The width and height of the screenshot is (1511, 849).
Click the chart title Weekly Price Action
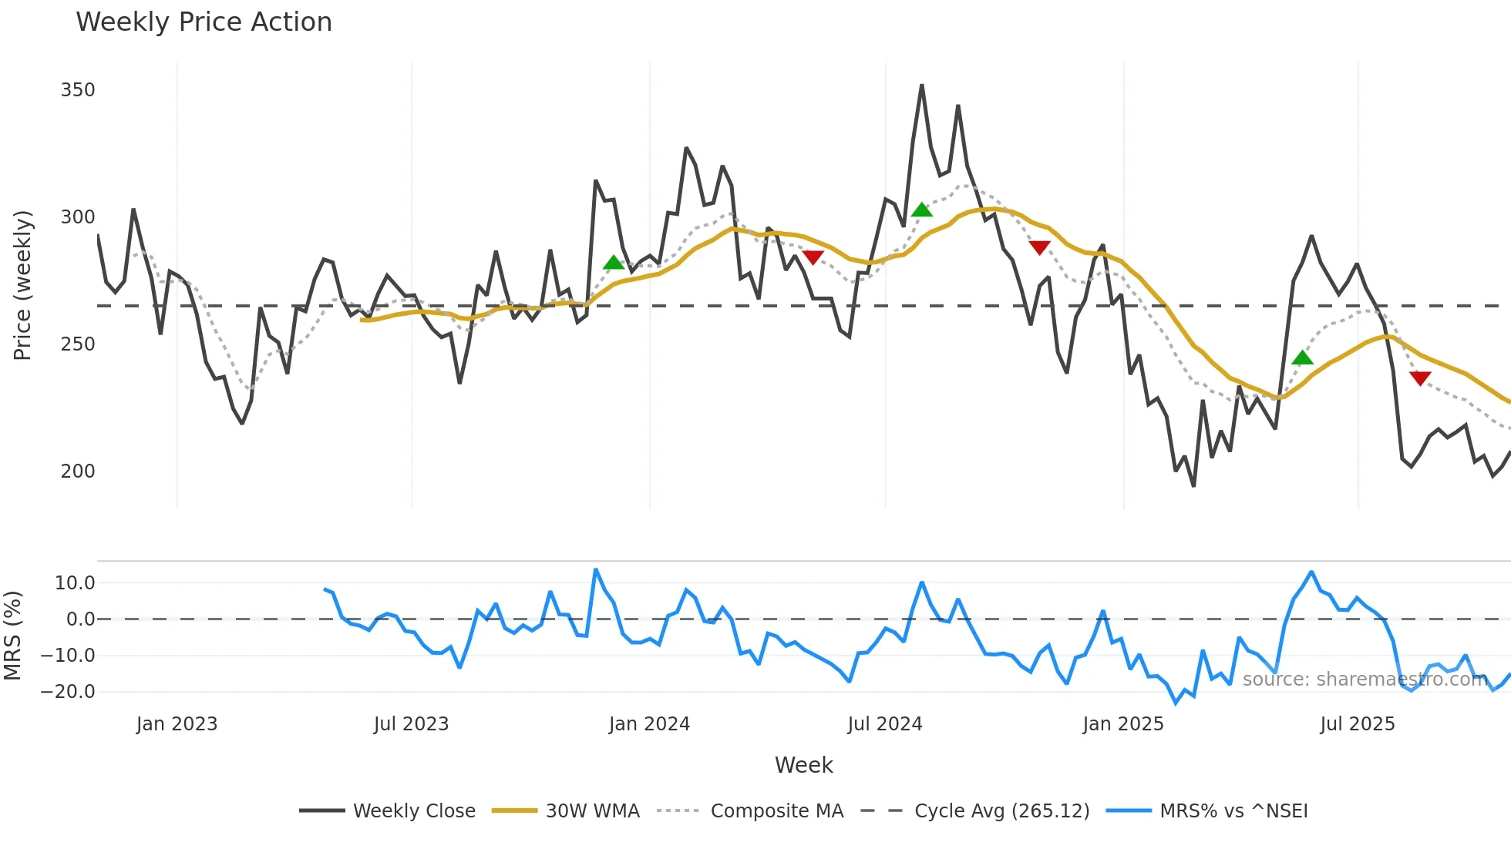coord(204,22)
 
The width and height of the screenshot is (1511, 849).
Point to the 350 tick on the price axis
coord(78,90)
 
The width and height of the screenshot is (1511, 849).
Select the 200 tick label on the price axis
coord(78,471)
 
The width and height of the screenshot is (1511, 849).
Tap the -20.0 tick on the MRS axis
coord(68,692)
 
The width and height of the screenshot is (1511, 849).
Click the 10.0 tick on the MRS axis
coord(75,583)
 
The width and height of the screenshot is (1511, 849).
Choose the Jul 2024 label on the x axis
coord(884,724)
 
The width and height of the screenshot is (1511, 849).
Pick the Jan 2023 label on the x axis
coord(177,724)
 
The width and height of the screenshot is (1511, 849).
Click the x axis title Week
coord(803,765)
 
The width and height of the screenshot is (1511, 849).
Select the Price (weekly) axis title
coord(22,285)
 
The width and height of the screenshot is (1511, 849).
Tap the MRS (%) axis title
coord(13,636)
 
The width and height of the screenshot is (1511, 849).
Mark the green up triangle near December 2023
coord(614,263)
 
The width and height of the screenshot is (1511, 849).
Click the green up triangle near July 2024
coord(922,210)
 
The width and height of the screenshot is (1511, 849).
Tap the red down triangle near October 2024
coord(1039,247)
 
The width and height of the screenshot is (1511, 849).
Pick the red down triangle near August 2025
coord(1420,378)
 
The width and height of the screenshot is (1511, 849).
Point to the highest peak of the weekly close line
coord(922,86)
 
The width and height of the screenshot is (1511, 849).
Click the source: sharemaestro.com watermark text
coord(1365,680)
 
